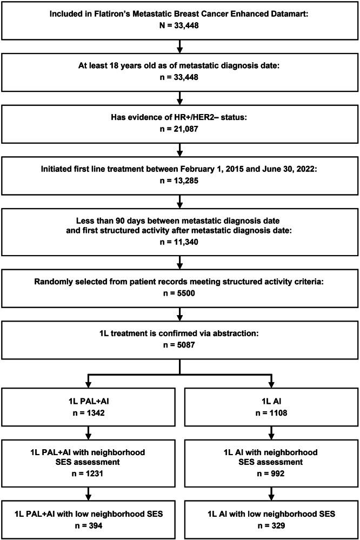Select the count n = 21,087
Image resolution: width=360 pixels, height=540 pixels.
pos(179,127)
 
